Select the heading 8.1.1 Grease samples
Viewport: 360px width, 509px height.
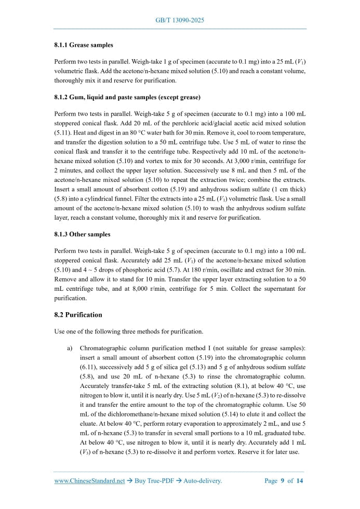(84, 45)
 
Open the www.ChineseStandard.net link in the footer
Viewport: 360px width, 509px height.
(89, 481)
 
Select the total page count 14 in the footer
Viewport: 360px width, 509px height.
(299, 481)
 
